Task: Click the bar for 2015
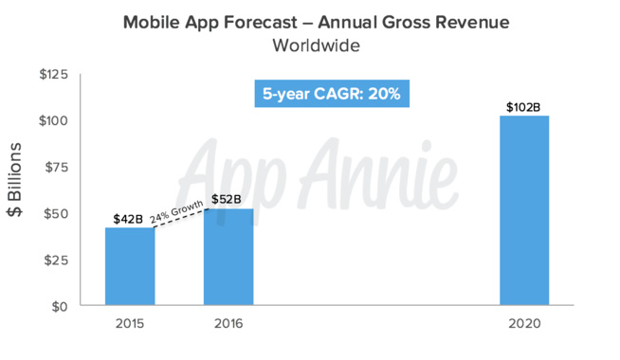130,267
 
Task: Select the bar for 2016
228,258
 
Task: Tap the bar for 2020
523,211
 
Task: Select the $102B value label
523,105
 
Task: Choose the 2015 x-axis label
130,324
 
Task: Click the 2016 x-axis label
228,324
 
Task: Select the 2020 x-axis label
523,324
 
